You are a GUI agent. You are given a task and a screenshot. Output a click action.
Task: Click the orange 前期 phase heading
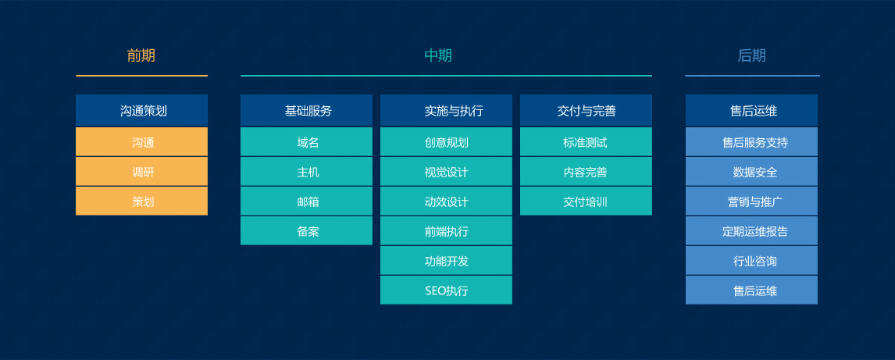click(141, 56)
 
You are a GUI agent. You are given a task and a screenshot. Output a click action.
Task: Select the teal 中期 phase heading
click(438, 56)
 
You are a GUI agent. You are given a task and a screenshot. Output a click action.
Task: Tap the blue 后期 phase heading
click(752, 56)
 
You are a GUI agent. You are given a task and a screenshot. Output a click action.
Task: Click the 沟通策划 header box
click(141, 111)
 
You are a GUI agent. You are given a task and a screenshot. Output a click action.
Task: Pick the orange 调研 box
click(141, 172)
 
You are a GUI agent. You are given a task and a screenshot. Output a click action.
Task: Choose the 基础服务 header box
click(306, 111)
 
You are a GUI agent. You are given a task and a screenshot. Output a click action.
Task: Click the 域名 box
click(306, 142)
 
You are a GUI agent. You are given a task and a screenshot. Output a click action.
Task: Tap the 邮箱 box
click(306, 201)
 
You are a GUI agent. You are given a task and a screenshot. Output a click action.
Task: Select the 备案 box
click(306, 231)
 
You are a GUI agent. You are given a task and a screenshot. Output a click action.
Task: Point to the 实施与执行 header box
click(447, 111)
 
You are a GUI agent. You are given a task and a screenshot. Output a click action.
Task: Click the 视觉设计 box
click(447, 172)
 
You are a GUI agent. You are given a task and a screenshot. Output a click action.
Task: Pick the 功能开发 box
click(447, 261)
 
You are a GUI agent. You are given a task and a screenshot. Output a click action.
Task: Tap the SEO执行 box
click(447, 290)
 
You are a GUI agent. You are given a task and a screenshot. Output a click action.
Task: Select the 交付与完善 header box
click(586, 111)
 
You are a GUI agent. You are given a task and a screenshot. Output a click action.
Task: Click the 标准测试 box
click(586, 142)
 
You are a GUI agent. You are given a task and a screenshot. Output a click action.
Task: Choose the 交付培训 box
click(586, 201)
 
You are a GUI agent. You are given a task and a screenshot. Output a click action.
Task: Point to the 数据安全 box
click(752, 172)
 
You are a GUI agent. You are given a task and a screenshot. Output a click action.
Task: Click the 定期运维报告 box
click(752, 231)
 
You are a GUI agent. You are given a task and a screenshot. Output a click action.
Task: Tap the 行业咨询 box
click(752, 261)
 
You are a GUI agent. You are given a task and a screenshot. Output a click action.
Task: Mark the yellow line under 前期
click(141, 75)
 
